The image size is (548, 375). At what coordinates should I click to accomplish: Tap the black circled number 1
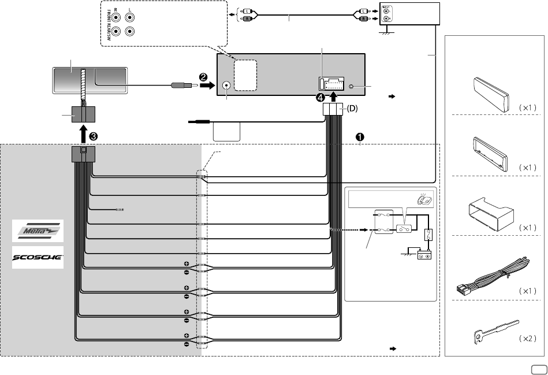tap(359, 138)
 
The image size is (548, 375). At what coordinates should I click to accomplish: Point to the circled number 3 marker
tap(92, 136)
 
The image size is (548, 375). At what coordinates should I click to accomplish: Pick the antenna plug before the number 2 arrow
tap(180, 87)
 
